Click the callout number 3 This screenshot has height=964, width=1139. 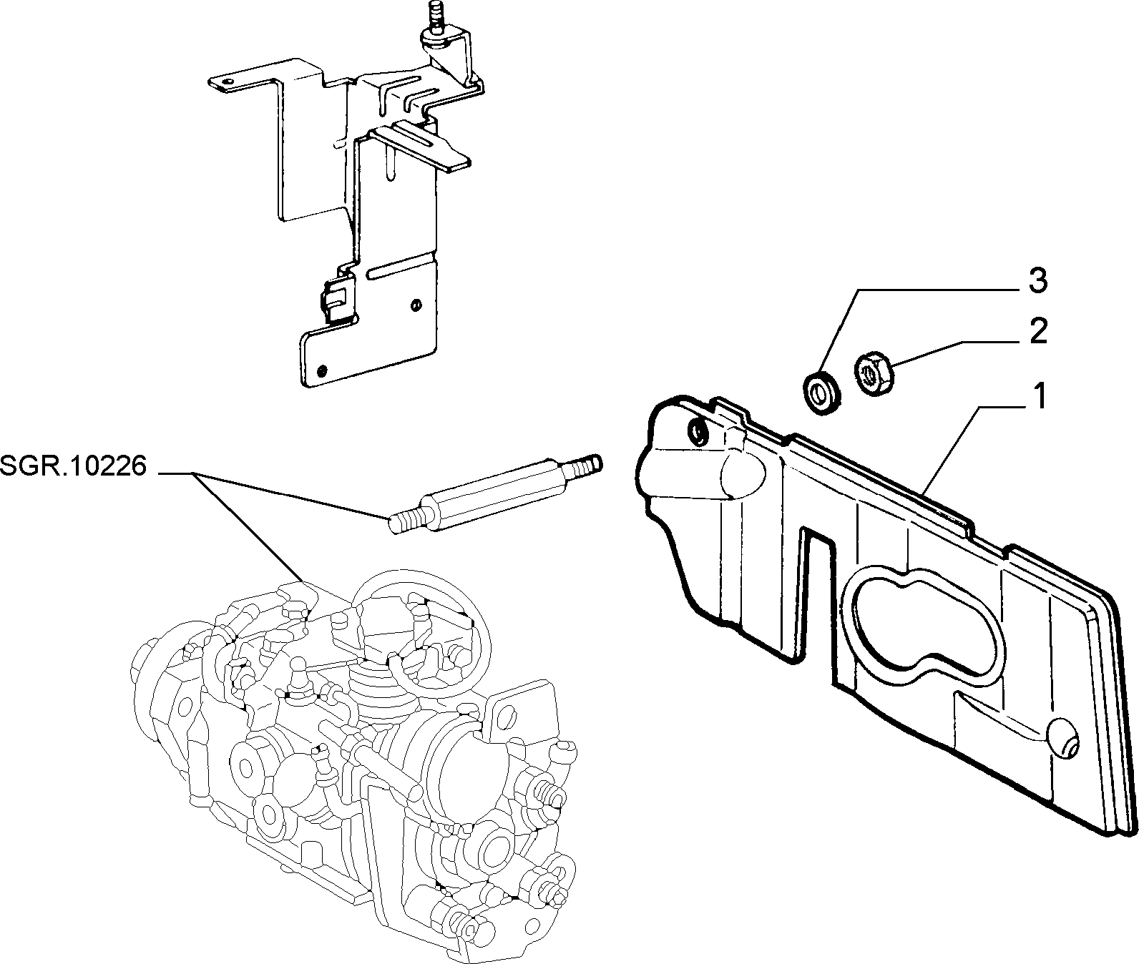pyautogui.click(x=1038, y=281)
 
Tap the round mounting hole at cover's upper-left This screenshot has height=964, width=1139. pyautogui.click(x=697, y=431)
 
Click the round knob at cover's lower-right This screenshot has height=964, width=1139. pyautogui.click(x=1063, y=738)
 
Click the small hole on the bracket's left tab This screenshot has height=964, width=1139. pyautogui.click(x=228, y=84)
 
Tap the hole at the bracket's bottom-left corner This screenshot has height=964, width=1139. pyautogui.click(x=321, y=370)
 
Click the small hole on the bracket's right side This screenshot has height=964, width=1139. pyautogui.click(x=416, y=306)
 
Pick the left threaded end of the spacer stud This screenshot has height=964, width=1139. pyautogui.click(x=406, y=521)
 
